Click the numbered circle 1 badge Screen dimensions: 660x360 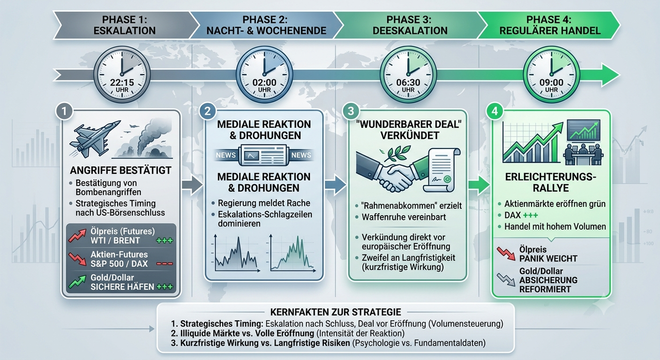[64, 111]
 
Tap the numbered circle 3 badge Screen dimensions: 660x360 [351, 111]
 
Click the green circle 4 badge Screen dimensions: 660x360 [494, 111]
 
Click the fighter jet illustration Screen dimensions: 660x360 [94, 138]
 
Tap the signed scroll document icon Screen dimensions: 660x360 [441, 170]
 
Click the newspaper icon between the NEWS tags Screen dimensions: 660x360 [263, 155]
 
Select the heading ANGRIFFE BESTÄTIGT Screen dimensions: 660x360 [121, 170]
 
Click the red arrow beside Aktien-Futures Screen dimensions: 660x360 [77, 259]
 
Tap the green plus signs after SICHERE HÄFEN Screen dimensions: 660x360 [164, 287]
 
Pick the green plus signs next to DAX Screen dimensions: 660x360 [530, 216]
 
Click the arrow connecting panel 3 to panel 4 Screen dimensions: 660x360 [479, 186]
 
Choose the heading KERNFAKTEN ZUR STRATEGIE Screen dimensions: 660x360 [336, 312]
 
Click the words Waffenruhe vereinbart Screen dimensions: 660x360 [404, 217]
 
